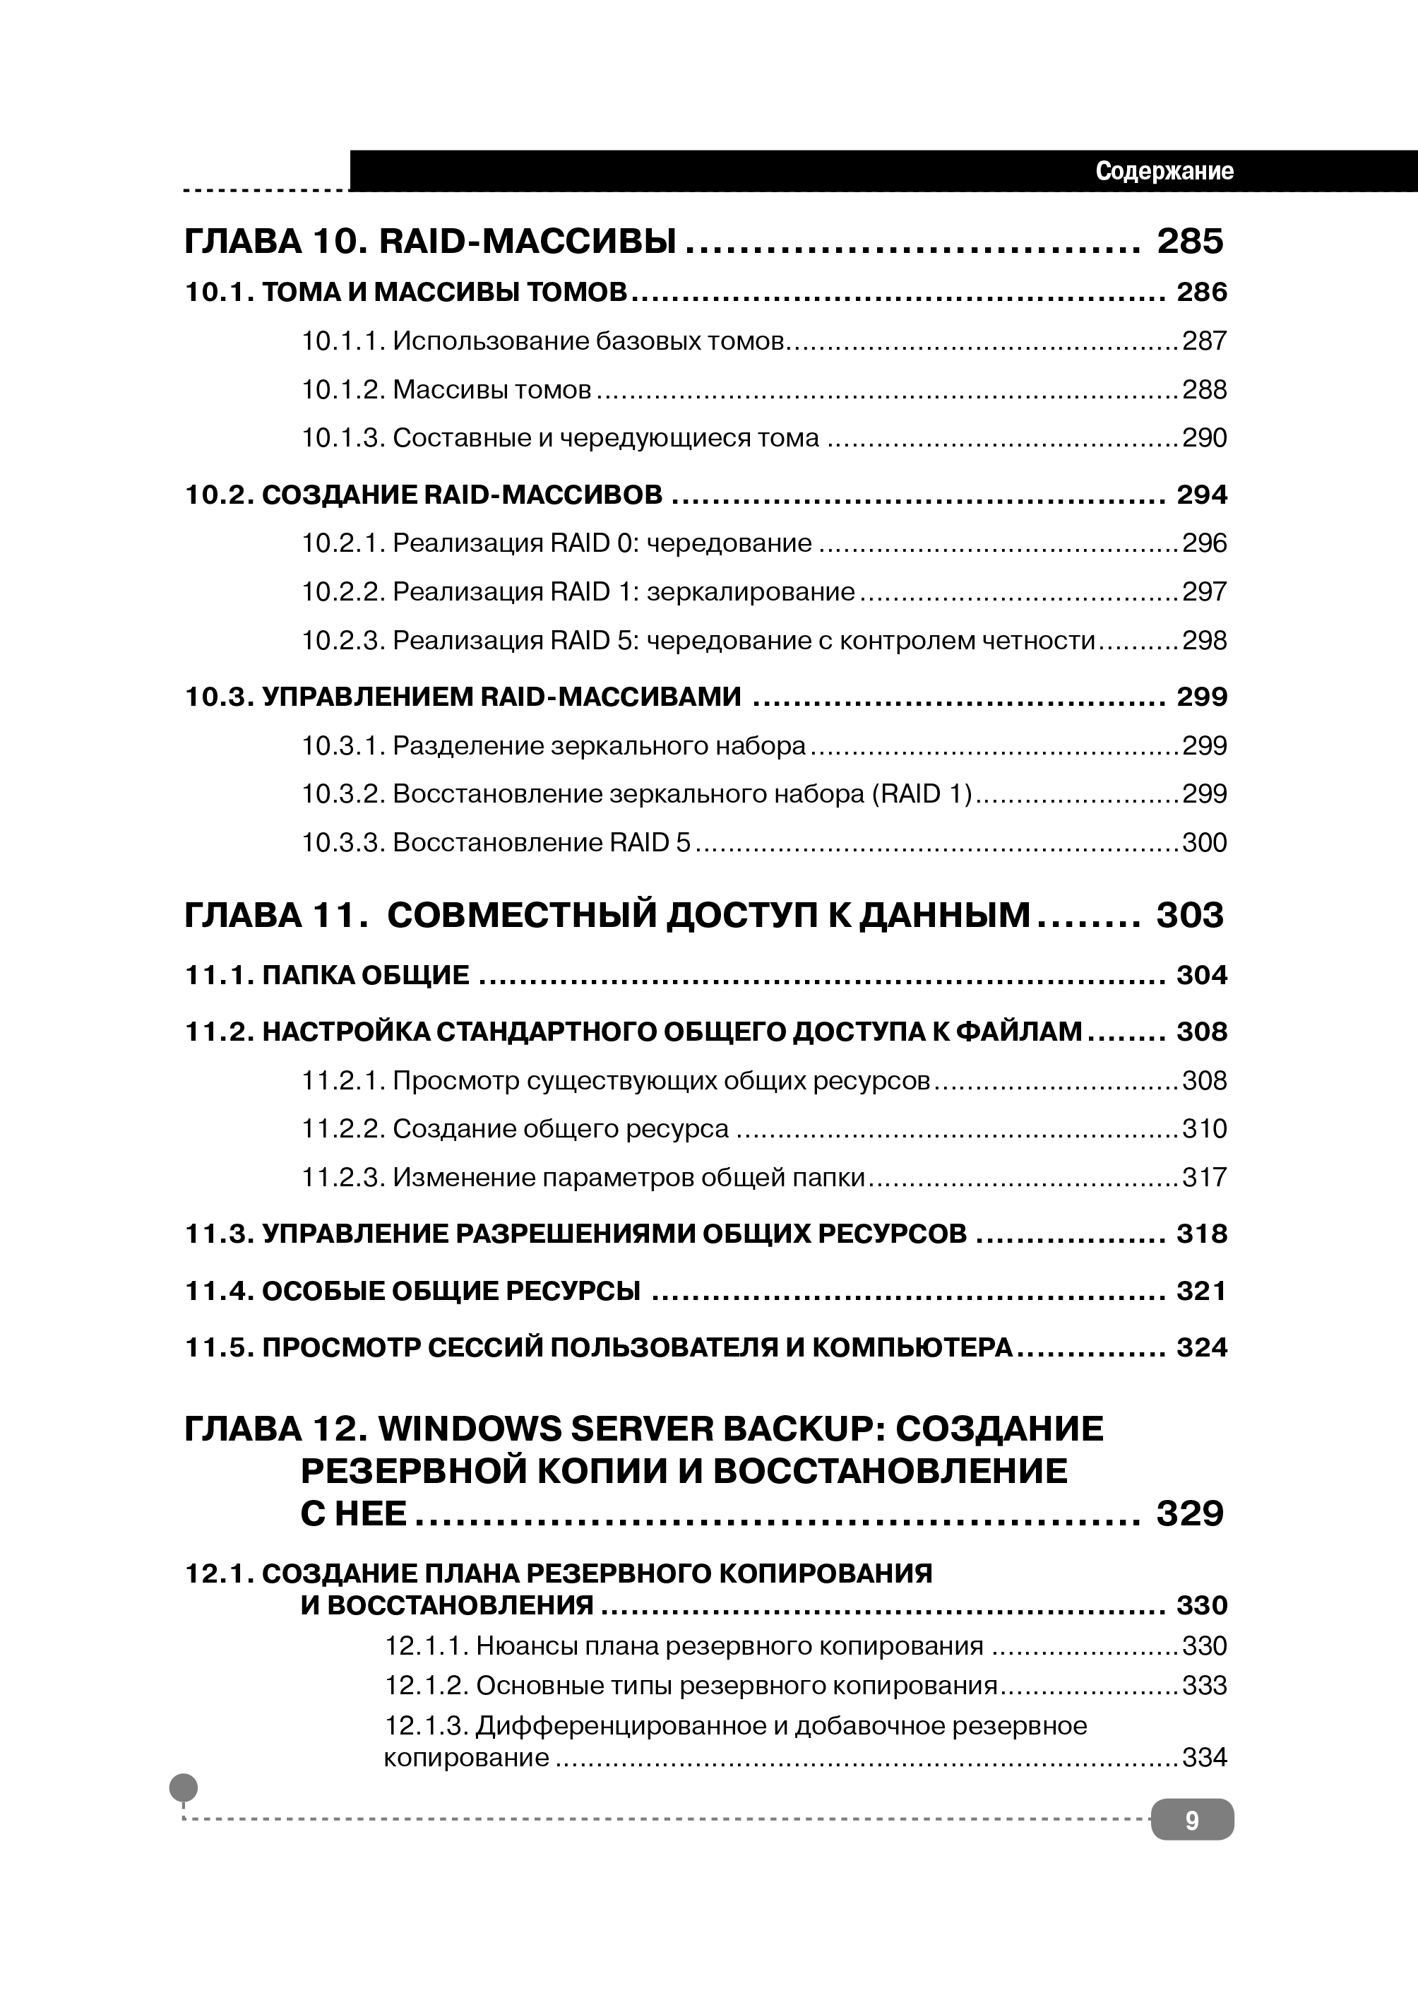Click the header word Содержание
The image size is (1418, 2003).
1164,171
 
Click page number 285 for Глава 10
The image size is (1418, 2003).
1190,242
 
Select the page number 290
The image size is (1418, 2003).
1204,437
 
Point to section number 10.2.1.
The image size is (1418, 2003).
343,543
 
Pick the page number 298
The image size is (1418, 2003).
1204,641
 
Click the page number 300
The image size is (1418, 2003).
1204,843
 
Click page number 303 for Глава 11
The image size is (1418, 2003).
1190,916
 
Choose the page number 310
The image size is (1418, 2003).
1204,1130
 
